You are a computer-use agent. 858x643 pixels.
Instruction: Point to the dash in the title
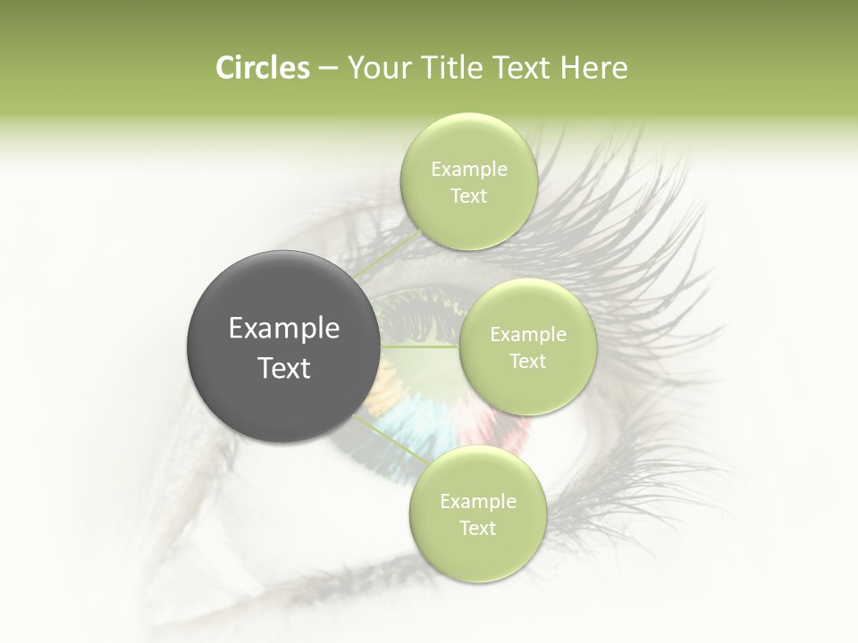point(327,69)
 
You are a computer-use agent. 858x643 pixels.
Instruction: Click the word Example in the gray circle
point(284,329)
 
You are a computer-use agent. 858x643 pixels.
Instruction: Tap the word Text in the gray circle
point(284,368)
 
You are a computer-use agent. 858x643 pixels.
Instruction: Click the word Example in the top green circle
point(468,170)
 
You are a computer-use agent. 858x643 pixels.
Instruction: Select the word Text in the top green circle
point(468,196)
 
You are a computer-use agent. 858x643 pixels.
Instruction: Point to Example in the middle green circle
point(527,335)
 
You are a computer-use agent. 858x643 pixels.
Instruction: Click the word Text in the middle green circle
point(527,362)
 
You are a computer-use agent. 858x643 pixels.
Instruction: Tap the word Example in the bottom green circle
point(477,502)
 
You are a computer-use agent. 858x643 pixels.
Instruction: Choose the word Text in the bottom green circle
point(477,529)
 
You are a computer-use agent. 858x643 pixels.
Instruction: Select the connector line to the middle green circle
point(420,347)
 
